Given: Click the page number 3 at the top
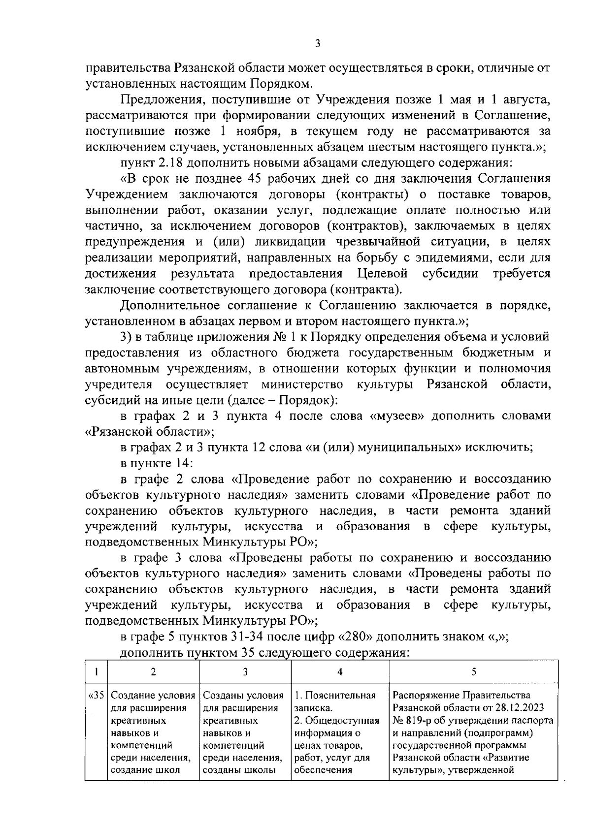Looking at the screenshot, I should pos(318,44).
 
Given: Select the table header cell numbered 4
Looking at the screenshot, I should pos(340,672).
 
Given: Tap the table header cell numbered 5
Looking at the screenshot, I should pos(474,672).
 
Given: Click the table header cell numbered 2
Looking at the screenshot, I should pos(154,672).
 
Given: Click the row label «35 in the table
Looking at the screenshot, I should pos(96,696).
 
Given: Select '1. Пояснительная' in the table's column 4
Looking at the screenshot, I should pos(335,696).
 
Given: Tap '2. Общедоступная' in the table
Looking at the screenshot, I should pos(336,721).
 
